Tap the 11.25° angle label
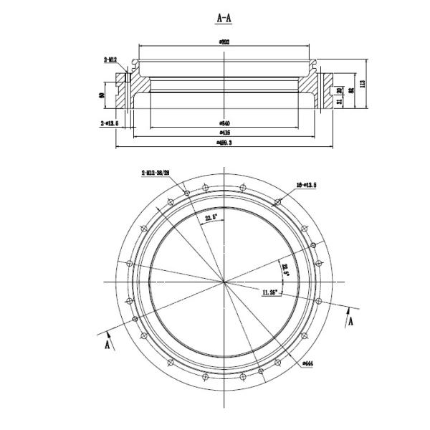click(272, 292)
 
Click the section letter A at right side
click(350, 321)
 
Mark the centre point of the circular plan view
click(225, 282)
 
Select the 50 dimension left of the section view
click(103, 94)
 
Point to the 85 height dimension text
click(350, 91)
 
